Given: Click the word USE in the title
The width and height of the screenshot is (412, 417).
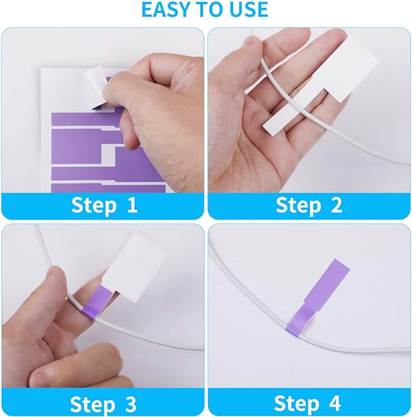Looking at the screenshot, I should (x=246, y=10).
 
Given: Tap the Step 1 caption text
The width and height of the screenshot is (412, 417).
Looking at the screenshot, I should (x=104, y=205).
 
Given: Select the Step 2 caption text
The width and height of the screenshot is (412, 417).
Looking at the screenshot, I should (x=309, y=205).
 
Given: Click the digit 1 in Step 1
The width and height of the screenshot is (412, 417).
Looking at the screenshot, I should (x=132, y=205).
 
